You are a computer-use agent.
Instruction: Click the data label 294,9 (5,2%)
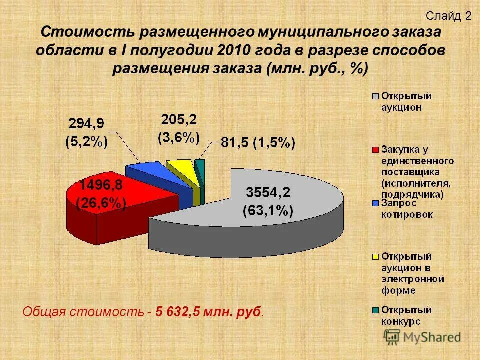click(88, 132)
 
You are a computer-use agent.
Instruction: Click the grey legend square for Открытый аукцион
click(374, 96)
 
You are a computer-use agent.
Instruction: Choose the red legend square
click(374, 150)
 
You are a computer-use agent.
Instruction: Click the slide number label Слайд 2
click(448, 16)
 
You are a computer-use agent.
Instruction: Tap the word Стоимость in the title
click(88, 33)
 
